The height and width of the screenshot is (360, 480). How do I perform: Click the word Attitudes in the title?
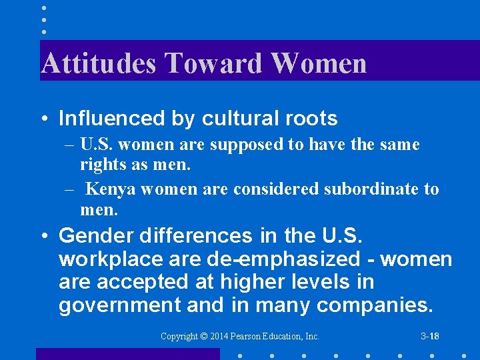98,63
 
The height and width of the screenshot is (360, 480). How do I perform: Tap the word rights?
99,164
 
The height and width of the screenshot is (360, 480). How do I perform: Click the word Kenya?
110,189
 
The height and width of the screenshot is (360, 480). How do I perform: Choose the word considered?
275,189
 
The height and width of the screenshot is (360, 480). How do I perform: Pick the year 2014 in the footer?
219,337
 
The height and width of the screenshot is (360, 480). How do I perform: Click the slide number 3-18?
430,337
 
